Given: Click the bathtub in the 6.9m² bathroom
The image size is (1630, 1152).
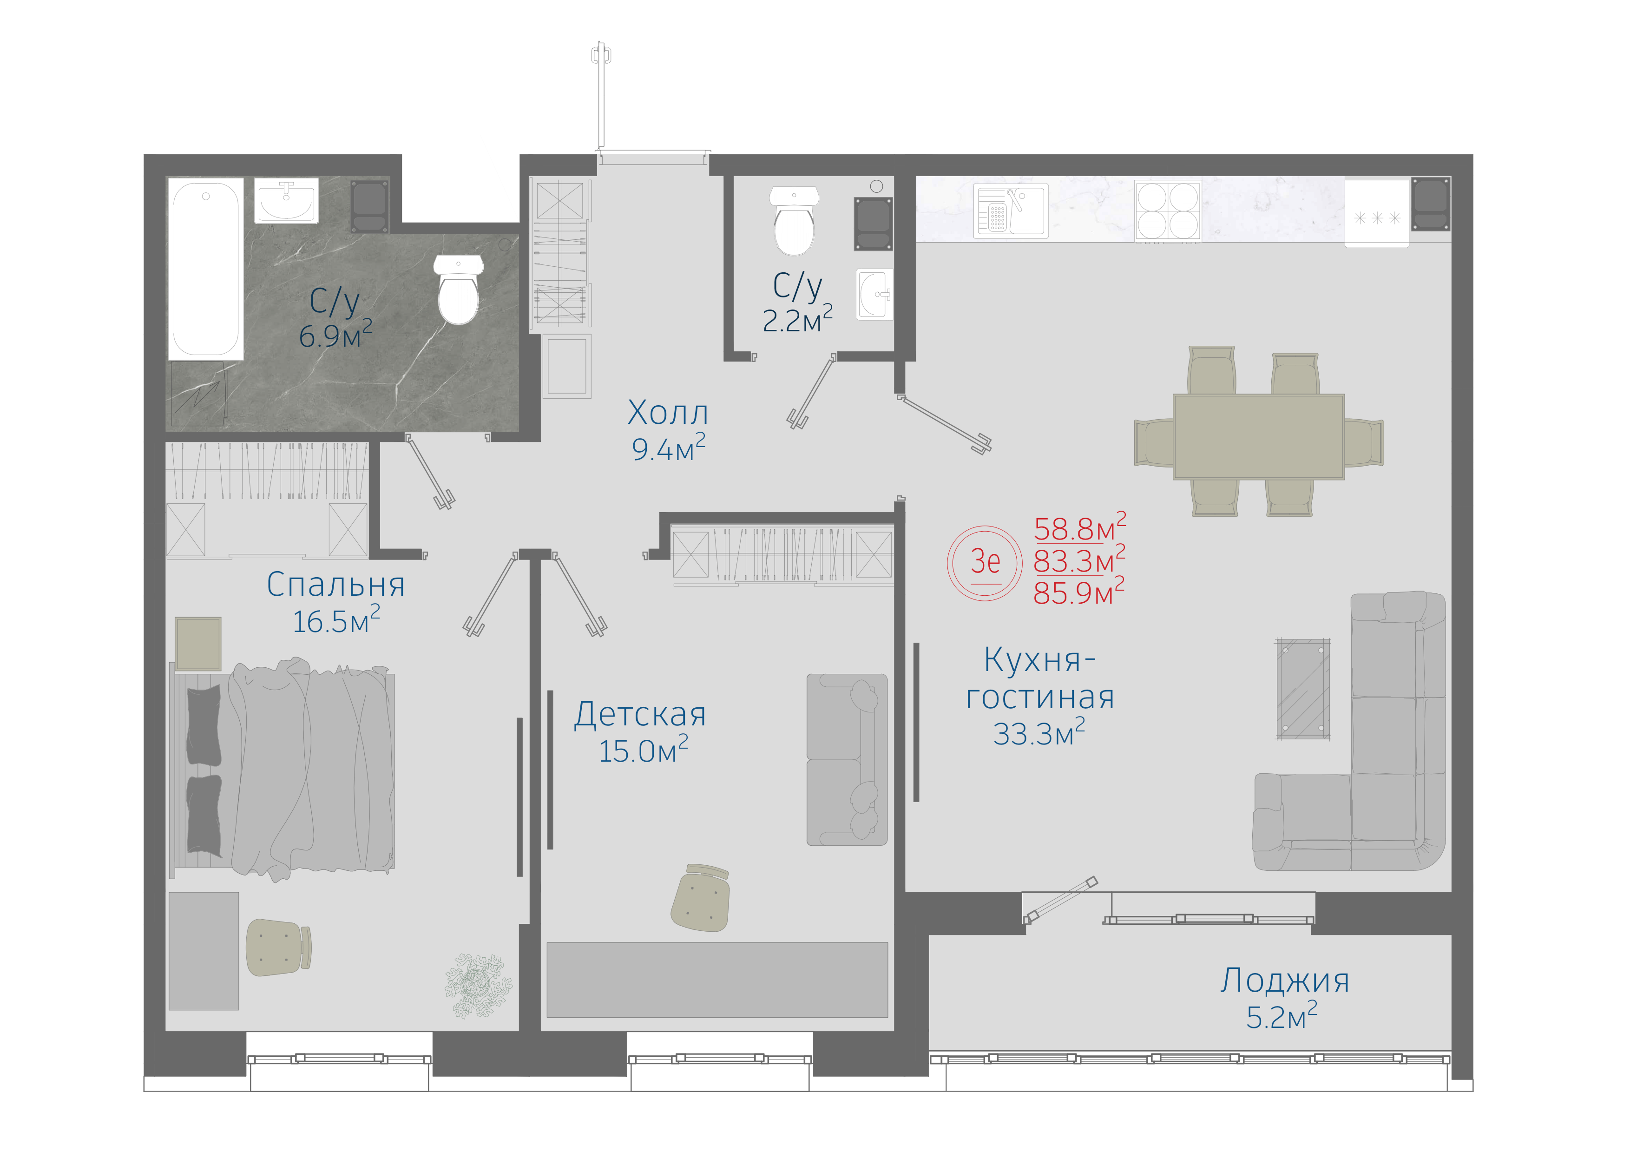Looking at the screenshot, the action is coord(205,269).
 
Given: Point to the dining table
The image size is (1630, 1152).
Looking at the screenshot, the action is coord(1259,436).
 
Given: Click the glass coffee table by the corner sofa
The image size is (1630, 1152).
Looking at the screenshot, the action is coord(1303,689).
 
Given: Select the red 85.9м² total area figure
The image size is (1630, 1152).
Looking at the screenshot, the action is coord(1079,592).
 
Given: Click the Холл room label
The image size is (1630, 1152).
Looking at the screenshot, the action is coord(668,412).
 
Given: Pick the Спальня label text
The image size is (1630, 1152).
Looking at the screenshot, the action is coord(336,585).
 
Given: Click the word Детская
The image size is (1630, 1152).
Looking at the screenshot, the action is coord(640,714).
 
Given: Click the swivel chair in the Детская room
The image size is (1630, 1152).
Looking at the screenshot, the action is coord(700,897).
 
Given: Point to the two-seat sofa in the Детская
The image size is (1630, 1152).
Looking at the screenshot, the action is coord(847,759).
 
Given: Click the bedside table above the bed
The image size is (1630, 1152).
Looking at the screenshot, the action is coord(198,644).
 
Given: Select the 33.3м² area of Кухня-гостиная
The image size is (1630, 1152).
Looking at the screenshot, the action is coord(1038,733).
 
